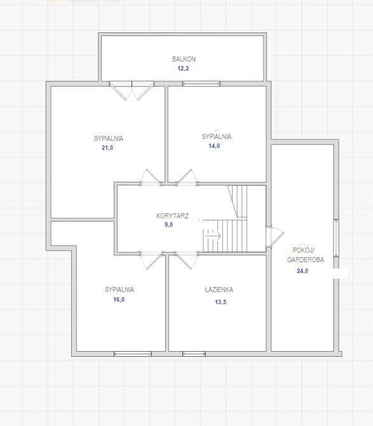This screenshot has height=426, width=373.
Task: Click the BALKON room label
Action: (184, 59)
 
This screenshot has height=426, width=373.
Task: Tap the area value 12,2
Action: (183, 69)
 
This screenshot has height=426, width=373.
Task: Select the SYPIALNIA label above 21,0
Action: (109, 138)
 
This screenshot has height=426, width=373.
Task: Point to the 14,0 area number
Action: (214, 146)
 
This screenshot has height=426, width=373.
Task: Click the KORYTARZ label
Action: (172, 216)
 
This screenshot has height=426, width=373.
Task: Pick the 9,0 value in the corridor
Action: (168, 225)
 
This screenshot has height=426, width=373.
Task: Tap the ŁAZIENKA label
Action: (219, 290)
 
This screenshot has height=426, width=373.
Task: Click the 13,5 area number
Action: (220, 302)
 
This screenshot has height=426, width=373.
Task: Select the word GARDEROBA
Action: (306, 260)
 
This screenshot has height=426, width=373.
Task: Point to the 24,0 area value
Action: (302, 271)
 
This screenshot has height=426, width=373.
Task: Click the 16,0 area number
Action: (119, 300)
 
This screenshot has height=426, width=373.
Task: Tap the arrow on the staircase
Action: (212, 236)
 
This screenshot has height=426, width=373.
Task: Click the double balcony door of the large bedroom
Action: (132, 90)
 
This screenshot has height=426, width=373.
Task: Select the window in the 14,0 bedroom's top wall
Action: (201, 84)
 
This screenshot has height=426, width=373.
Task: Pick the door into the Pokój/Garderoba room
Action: (275, 236)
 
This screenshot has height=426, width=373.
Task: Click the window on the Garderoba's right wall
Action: (336, 238)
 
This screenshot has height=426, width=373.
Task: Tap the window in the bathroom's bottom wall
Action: (194, 354)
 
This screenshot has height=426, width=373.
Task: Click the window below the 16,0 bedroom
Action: (133, 354)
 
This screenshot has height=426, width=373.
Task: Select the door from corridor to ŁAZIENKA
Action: (186, 260)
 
